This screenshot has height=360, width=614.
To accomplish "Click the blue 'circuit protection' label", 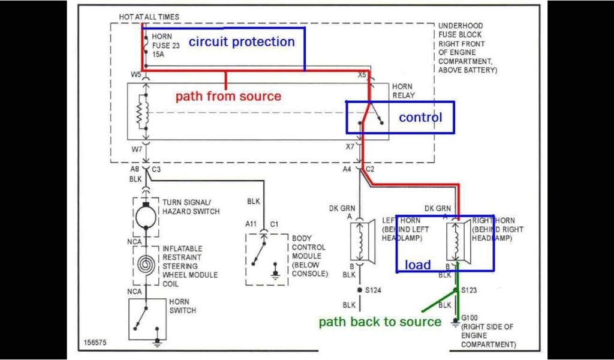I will [x=242, y=42].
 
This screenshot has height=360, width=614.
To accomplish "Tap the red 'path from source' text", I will [x=228, y=96].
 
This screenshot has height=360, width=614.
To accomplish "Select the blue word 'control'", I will [x=420, y=118].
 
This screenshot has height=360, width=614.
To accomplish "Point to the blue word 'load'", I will [x=417, y=265].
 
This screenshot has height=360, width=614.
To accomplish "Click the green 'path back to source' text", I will [x=380, y=322].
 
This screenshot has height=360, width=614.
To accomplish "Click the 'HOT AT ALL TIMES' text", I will [x=149, y=17].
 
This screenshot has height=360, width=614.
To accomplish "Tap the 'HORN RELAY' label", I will [x=402, y=91].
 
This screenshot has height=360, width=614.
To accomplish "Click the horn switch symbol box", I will [x=146, y=319].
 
